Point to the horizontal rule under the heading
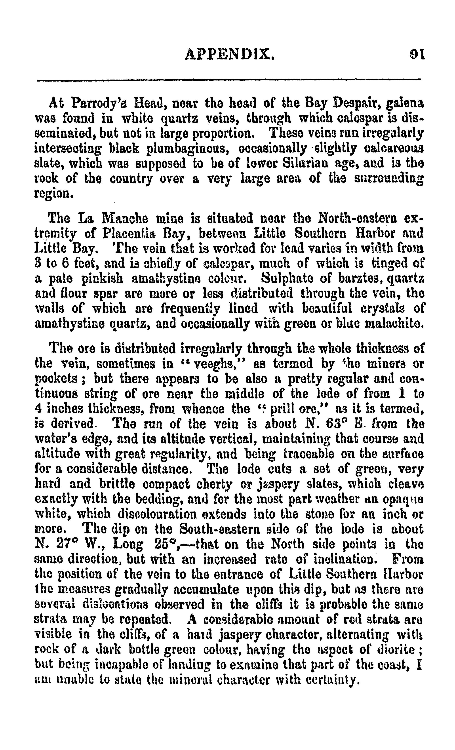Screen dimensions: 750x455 tap(228, 80)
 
